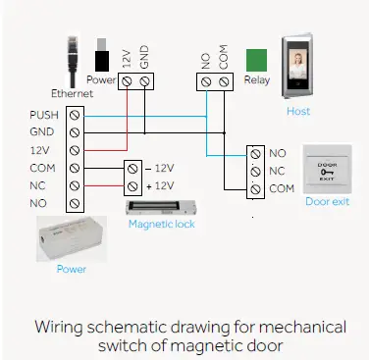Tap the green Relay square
[257, 60]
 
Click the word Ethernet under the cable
[73, 94]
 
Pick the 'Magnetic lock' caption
[162, 225]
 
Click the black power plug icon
[101, 55]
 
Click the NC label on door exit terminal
[278, 171]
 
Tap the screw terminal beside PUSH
[73, 115]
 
